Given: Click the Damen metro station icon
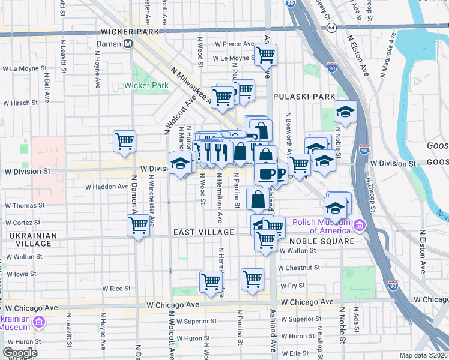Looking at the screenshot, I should pos(128,44).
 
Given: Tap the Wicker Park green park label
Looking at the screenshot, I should pos(146,85).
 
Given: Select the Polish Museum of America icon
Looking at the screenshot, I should pos(359,226).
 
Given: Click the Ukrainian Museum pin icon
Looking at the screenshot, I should pos(39,323).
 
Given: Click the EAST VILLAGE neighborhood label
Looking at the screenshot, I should pos(203,232).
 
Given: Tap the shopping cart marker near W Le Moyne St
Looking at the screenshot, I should pos(265,55).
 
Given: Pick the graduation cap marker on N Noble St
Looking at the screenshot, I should pos(345,112).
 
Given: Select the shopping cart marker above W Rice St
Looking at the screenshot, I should pos(211,281).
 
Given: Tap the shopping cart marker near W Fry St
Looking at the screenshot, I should pos(252,278).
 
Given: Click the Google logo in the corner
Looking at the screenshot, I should pos(20,353).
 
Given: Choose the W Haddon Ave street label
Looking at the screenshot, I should pos(107,187).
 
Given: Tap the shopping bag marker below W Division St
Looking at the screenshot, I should pos(258,200).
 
